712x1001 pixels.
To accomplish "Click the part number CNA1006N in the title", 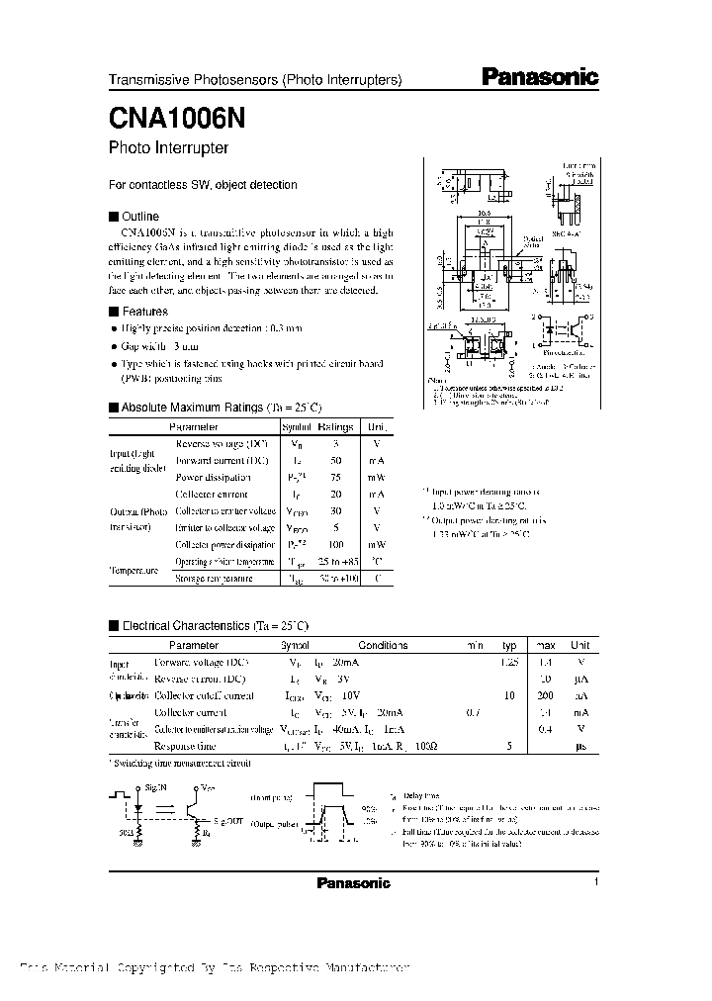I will coord(168,117).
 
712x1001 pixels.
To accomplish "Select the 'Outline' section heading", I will coord(139,216).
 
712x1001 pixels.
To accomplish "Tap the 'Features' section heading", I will coord(144,311).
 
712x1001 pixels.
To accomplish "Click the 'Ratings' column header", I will coord(336,425).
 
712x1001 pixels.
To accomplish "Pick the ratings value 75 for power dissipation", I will coord(336,478).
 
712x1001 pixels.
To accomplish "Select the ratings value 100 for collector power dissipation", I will coord(336,545).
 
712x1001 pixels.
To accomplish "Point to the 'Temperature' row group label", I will coord(133,571).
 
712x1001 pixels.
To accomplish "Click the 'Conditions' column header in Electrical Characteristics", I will coord(383,645).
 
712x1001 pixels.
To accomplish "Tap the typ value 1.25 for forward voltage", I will coord(509,661).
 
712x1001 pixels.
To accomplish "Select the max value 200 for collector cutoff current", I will coord(544,696).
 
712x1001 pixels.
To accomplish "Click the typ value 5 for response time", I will coord(508,747).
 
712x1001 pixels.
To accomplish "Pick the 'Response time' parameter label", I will coord(186,747).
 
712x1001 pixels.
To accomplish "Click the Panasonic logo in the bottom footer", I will coord(353,883).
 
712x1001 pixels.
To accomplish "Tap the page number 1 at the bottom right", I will coord(597,881).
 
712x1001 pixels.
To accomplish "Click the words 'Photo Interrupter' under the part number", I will coord(168,148).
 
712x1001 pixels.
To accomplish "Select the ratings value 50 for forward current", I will coord(336,461).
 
